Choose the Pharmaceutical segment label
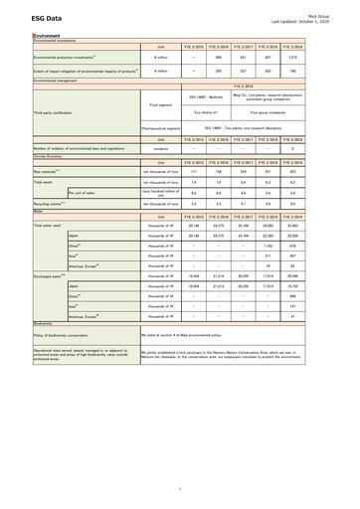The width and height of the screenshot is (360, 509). pyautogui.click(x=160, y=128)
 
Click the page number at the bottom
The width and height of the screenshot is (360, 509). pyautogui.click(x=180, y=489)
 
